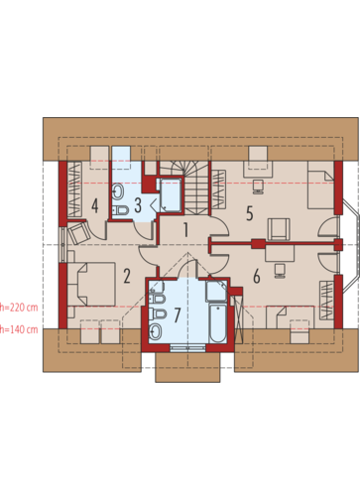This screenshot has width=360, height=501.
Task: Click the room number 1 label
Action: pyautogui.click(x=185, y=229)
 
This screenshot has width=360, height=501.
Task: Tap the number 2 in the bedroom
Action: pyautogui.click(x=127, y=276)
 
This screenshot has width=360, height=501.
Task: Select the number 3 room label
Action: pyautogui.click(x=138, y=205)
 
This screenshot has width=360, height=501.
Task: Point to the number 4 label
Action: pyautogui.click(x=95, y=205)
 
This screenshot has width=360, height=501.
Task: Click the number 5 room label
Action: pyautogui.click(x=250, y=213)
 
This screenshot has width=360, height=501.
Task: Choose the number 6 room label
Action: pyautogui.click(x=257, y=277)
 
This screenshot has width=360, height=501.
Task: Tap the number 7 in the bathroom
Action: pyautogui.click(x=178, y=315)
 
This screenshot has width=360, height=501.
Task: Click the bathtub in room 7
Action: pyautogui.click(x=218, y=323)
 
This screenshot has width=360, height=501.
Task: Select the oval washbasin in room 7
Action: pyautogui.click(x=155, y=331)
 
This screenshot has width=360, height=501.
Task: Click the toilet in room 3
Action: pyautogui.click(x=120, y=210)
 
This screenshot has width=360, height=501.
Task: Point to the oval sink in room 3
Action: pyautogui.click(x=118, y=191)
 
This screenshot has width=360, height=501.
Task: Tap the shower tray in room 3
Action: pyautogui.click(x=169, y=195)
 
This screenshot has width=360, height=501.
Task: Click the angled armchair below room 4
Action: pyautogui.click(x=78, y=232)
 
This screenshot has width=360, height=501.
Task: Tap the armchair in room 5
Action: pyautogui.click(x=279, y=229)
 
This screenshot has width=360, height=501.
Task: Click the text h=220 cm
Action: pyautogui.click(x=19, y=308)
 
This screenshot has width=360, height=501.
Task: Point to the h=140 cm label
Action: pyautogui.click(x=19, y=329)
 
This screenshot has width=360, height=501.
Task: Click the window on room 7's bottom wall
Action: pyautogui.click(x=187, y=348)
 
